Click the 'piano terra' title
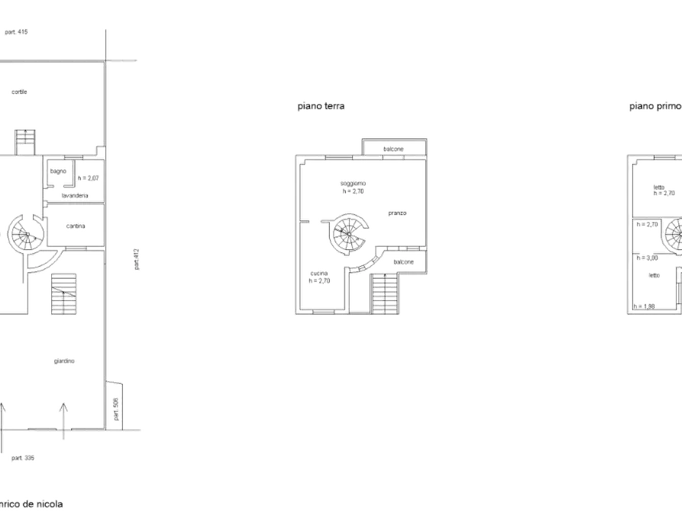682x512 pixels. tap(321, 108)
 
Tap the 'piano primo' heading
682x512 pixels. tap(654, 107)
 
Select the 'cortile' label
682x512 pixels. tap(20, 92)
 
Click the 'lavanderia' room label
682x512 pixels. tap(77, 196)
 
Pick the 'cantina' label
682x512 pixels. tap(76, 225)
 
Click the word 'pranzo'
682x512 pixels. tap(398, 213)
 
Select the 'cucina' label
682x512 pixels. tap(320, 273)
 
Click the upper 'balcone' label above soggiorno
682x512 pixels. tap(394, 148)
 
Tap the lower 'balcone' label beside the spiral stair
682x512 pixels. tap(404, 262)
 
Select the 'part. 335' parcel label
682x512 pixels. tap(22, 458)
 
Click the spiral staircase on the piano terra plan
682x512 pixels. tap(351, 232)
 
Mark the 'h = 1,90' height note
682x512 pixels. tap(645, 307)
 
